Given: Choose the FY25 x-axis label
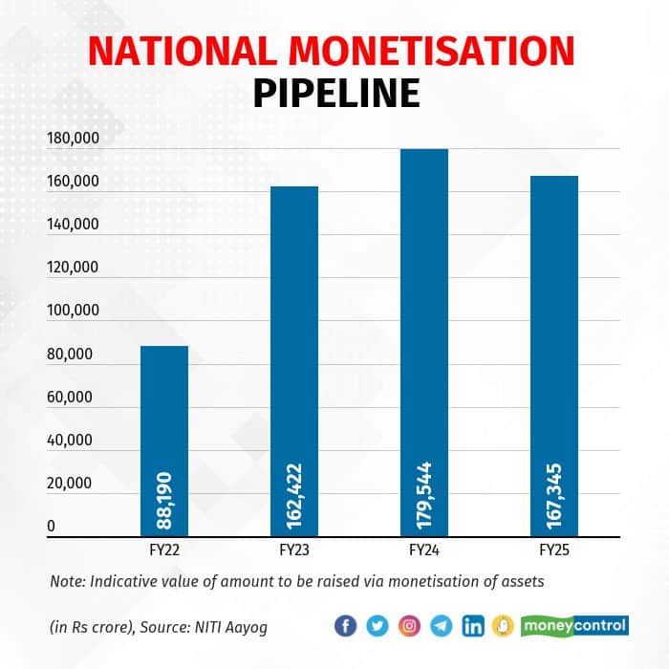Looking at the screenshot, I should tap(554, 552).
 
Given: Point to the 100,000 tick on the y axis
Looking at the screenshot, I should tap(72, 312).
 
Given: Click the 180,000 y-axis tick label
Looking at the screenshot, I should tap(72, 140).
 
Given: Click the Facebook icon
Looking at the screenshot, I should tap(346, 626).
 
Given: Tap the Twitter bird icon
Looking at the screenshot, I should tap(378, 626).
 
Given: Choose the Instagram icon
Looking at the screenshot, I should tap(409, 626).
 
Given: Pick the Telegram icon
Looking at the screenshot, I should tap(441, 626).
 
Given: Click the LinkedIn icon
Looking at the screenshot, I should tap(472, 626).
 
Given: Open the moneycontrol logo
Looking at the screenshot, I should tap(573, 626).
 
